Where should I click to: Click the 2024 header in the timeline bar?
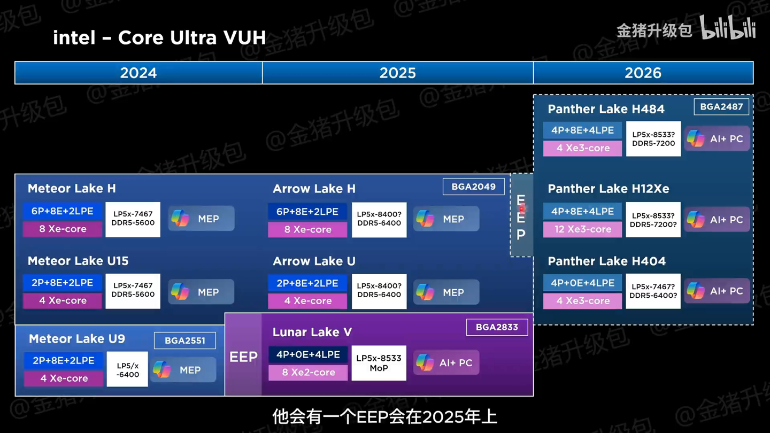(138, 73)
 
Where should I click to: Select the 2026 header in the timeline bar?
(643, 73)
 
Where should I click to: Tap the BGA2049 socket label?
(473, 187)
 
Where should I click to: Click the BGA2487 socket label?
(721, 106)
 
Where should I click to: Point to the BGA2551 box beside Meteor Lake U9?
(185, 341)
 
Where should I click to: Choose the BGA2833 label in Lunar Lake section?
(497, 327)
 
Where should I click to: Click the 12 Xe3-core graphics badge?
(583, 229)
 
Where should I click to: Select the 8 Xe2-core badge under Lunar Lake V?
(308, 372)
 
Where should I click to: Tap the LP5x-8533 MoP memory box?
(379, 363)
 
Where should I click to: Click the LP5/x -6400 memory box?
(127, 369)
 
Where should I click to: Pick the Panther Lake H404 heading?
(607, 261)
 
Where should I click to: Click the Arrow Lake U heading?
(314, 261)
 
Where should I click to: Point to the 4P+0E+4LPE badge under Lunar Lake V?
(308, 354)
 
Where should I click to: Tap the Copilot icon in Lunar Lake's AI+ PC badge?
(425, 362)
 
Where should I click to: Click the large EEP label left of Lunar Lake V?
(243, 357)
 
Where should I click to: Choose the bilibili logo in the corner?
(728, 27)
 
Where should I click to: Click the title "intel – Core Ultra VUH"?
(159, 37)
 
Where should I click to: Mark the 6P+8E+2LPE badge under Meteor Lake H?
(62, 211)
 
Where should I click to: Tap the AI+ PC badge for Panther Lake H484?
(717, 139)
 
